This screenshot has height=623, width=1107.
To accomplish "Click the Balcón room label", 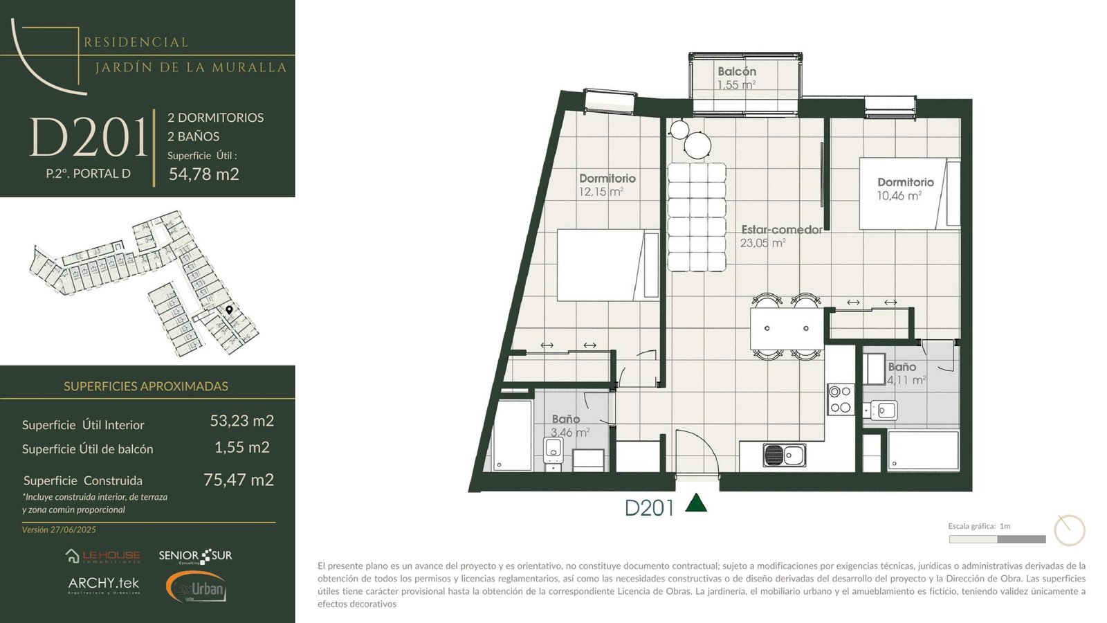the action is click(737, 72).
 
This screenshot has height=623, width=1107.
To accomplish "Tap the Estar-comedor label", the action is click(782, 229).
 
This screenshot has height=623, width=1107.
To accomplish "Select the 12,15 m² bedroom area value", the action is click(601, 192).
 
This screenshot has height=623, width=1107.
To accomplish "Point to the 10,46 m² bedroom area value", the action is click(899, 196).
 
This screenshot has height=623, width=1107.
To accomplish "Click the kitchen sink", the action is click(785, 455).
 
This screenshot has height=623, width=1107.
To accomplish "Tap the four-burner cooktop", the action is click(841, 399).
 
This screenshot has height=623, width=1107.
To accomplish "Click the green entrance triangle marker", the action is click(696, 503).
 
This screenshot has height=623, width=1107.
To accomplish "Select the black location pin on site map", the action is click(229, 310).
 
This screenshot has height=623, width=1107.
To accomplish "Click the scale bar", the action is click(997, 539).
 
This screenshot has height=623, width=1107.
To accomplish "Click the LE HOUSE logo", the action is click(103, 557).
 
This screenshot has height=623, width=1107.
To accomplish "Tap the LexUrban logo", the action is click(196, 587).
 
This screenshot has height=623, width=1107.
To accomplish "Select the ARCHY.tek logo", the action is click(104, 585).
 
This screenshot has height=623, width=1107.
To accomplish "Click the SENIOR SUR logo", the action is click(195, 557).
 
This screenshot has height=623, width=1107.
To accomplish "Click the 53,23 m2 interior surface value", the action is click(241, 421).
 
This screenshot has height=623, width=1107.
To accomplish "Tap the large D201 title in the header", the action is click(89, 137).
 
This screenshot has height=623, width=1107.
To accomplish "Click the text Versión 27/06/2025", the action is click(59, 530).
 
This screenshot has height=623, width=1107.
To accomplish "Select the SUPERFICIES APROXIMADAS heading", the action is click(146, 386).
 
